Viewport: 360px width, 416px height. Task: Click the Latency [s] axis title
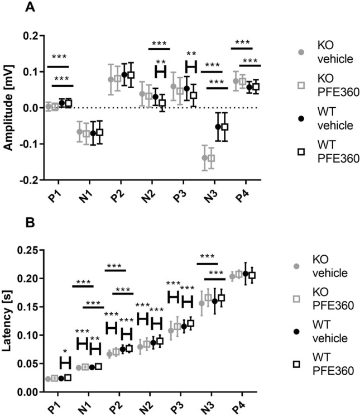coord(9,321)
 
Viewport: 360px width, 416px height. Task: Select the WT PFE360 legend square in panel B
coord(300,364)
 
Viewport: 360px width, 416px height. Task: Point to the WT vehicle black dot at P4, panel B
coord(246,274)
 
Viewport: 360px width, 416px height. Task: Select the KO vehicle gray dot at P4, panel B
coord(232,276)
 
